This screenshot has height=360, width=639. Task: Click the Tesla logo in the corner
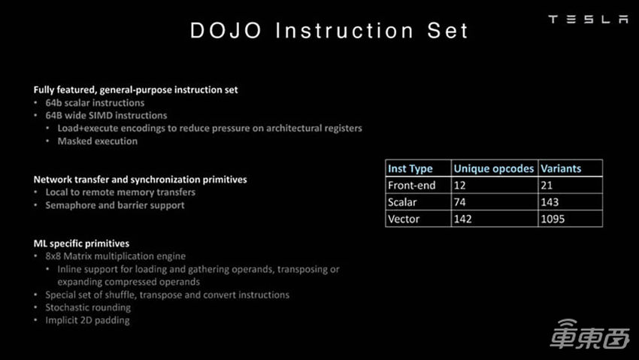click(588, 19)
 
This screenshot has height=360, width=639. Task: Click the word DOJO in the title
click(226, 31)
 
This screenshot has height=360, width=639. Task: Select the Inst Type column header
click(410, 168)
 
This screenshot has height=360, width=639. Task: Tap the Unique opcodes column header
click(493, 168)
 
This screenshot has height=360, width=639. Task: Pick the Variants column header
click(561, 168)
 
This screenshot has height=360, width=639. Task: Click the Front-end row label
click(412, 186)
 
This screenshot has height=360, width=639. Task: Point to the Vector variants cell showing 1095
click(553, 219)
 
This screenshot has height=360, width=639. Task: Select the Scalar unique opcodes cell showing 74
click(459, 202)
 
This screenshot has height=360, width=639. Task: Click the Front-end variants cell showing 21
click(547, 186)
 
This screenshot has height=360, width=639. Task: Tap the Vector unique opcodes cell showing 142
click(462, 219)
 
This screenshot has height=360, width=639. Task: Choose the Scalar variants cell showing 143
click(550, 202)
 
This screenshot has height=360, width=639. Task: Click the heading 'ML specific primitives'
click(81, 244)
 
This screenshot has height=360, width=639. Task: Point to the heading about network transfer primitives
click(140, 180)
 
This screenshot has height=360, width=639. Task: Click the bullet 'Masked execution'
click(98, 141)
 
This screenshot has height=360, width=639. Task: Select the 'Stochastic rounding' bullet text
click(88, 307)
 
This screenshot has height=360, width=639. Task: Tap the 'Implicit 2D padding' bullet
click(87, 320)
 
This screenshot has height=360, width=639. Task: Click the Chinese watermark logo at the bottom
click(589, 334)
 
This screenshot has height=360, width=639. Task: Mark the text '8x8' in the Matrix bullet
click(53, 256)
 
